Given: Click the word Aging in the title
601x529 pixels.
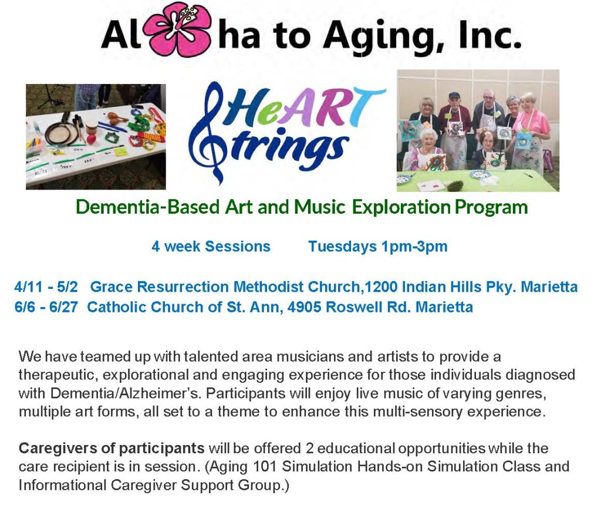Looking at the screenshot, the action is [x=385, y=36].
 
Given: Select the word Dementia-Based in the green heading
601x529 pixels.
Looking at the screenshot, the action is [x=148, y=207].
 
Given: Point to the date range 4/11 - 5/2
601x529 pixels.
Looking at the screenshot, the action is [x=46, y=287].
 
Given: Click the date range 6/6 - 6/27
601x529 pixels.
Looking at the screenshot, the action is [x=46, y=307].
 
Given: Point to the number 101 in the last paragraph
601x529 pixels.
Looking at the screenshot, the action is [x=265, y=467].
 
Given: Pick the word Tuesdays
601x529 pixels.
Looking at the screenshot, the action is [x=343, y=247].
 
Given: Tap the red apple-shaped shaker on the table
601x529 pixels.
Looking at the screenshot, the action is [x=91, y=139].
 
